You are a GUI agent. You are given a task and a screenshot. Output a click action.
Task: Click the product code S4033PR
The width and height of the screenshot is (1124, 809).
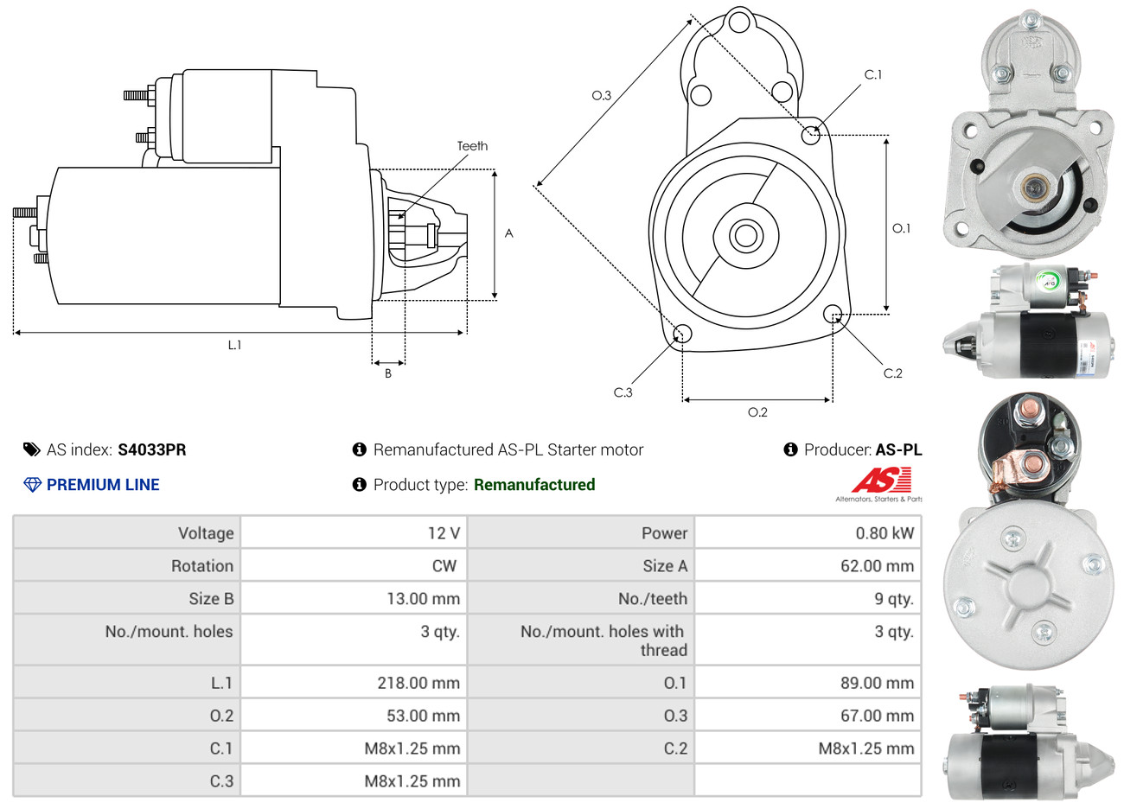click(152, 449)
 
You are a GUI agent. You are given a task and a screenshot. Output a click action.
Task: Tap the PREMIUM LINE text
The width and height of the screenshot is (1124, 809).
click(103, 485)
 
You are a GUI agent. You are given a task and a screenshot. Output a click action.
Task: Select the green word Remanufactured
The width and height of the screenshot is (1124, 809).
click(534, 485)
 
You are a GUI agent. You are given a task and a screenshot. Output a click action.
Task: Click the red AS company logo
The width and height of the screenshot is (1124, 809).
click(881, 481)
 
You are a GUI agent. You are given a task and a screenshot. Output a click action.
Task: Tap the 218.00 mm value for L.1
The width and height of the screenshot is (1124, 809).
click(418, 683)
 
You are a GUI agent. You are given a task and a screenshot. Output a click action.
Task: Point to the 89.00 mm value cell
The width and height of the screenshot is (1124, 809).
click(877, 683)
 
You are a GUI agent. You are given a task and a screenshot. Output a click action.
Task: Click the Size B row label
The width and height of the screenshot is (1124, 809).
click(211, 599)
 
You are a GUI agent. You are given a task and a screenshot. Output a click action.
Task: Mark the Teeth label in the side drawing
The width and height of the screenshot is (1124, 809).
click(472, 146)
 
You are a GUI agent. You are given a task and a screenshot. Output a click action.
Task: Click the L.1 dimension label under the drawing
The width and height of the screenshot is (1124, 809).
click(234, 345)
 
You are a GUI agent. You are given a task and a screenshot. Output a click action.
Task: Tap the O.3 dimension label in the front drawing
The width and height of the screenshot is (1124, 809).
click(601, 95)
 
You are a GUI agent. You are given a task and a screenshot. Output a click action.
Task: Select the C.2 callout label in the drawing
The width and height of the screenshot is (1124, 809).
click(892, 373)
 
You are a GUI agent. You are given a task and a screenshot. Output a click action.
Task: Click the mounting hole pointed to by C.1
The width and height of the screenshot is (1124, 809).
click(811, 135)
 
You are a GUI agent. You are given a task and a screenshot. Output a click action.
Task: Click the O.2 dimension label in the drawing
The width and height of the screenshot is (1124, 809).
click(757, 412)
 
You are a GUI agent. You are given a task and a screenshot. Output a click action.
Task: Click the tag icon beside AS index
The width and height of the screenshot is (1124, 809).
click(32, 449)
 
